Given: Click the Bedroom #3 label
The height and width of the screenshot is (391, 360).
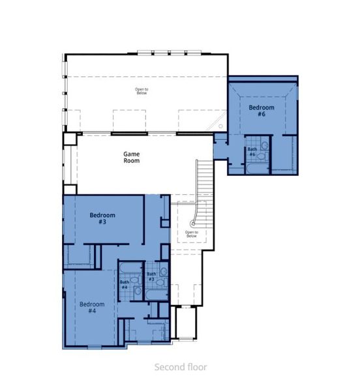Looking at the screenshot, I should pos(102,218).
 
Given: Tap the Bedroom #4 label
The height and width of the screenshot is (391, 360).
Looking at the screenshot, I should pos(92,307).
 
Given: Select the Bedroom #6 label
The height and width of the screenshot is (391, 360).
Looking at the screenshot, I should pos(261,110).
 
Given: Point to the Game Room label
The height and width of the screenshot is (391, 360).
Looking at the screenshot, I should pos(132,157).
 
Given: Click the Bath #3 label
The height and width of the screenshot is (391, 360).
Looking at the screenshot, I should pos(151,276).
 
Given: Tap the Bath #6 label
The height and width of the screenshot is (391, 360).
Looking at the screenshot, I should pos(252,151).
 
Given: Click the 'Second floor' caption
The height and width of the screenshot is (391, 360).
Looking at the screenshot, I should pos(180,367).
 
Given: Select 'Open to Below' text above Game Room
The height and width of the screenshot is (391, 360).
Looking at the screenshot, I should pos(142,91).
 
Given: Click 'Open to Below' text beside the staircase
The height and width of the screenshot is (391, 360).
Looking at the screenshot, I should pos(191,233).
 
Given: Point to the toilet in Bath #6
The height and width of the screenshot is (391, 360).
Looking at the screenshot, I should pos(264,146).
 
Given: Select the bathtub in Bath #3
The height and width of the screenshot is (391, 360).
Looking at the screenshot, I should pos(157,297).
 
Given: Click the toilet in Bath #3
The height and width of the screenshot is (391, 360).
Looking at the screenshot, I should pos(163,271).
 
